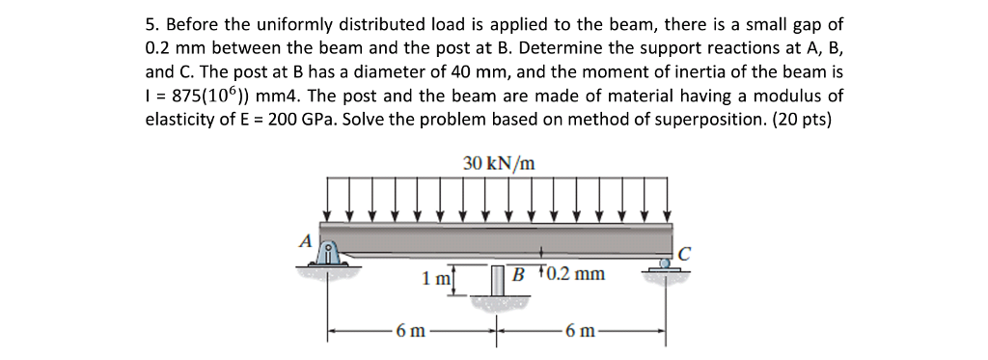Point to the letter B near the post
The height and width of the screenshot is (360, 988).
pos(519,274)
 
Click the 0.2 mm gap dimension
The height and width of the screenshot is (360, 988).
pos(575,274)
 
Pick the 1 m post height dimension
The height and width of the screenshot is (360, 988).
pos(435,279)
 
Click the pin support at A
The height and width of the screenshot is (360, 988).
pos(329,257)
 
